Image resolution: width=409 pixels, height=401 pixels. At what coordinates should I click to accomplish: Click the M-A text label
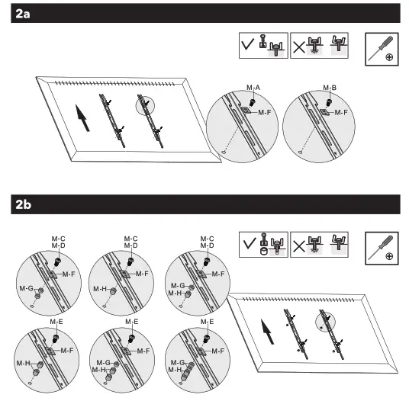254,88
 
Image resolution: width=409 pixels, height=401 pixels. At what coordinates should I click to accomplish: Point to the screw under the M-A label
252,99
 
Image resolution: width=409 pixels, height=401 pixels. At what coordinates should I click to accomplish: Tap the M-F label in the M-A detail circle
265,112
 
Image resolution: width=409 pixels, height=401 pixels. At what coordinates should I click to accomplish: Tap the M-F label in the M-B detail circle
341,111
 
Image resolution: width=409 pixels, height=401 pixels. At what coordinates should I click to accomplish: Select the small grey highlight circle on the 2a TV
146,106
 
